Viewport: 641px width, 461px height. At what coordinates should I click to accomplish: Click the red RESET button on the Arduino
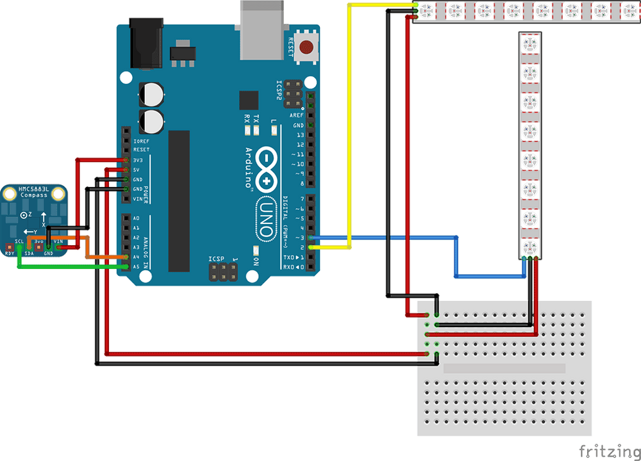coord(308,47)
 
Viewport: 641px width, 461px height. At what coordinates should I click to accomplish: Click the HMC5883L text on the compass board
coord(34,190)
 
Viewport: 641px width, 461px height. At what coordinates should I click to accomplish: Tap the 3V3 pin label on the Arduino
coord(138,160)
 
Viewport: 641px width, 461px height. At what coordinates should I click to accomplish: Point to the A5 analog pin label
coord(136,267)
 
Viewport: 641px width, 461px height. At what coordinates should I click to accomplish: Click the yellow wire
coord(349,128)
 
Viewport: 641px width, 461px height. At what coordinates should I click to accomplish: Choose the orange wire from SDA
coord(96,257)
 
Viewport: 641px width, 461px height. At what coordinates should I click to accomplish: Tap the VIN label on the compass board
coord(58,241)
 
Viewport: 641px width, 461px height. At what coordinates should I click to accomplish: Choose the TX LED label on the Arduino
coord(256,119)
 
